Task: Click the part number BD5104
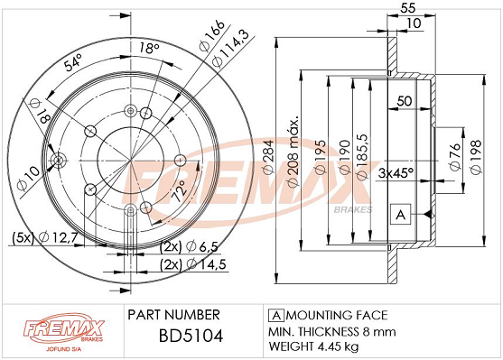[191, 337]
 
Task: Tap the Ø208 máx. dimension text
[293, 152]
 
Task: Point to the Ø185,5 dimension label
[362, 157]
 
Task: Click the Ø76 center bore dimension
[455, 157]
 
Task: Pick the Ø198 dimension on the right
[476, 157]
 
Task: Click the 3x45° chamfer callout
[396, 173]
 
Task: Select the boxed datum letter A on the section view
[401, 214]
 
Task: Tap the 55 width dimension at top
[408, 8]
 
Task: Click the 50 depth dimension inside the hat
[405, 101]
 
